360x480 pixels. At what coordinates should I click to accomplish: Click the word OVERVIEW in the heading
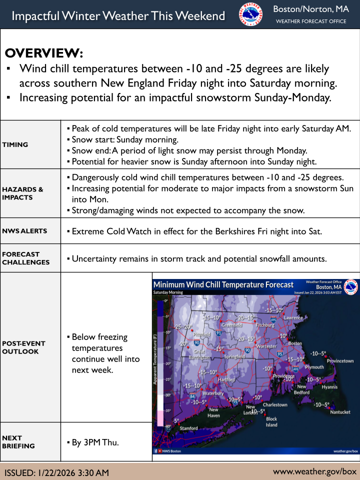(x=44, y=53)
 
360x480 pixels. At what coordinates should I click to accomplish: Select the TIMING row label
(x=15, y=144)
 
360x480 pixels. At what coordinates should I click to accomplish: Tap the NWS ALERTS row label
(x=24, y=231)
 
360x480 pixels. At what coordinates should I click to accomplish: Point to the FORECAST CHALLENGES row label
(x=26, y=258)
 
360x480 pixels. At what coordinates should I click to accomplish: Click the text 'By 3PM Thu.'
(x=95, y=442)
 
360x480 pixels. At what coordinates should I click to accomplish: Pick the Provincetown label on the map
(x=340, y=361)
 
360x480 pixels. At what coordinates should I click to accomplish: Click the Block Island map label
(x=271, y=422)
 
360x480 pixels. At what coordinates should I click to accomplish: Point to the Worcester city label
(x=266, y=346)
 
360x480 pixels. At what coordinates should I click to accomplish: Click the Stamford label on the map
(x=188, y=428)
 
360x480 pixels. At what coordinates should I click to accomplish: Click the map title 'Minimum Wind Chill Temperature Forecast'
(x=223, y=284)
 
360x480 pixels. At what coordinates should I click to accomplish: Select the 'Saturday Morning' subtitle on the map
(x=168, y=292)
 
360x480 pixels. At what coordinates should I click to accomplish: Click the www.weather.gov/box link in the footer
(x=315, y=471)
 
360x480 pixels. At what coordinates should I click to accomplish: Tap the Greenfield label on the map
(x=232, y=325)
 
